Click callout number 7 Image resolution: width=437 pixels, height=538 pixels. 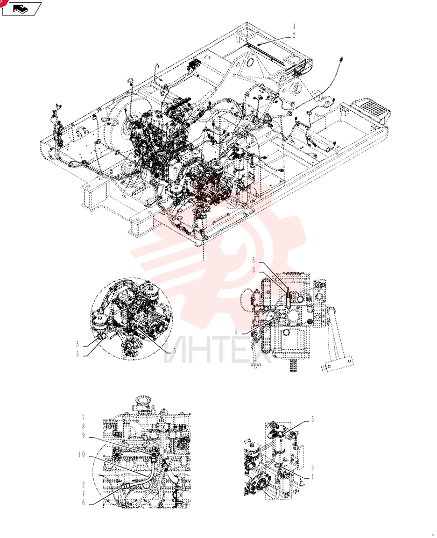coord(83,417)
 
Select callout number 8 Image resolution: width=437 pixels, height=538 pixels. coord(83,427)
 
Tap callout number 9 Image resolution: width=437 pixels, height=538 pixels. coord(83,435)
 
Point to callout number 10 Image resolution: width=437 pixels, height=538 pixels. coord(81,455)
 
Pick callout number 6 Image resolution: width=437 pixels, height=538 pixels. coord(83,502)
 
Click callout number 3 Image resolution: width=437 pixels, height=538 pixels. coord(254,270)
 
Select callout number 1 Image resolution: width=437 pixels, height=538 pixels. coord(312,477)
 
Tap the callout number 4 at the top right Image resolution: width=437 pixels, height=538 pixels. coord(294,26)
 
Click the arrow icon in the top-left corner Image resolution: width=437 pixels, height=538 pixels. coord(22,9)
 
